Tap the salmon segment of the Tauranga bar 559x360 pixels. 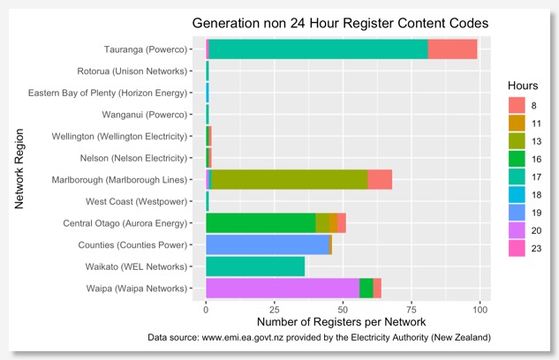tap(452, 50)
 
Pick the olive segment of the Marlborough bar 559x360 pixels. tap(290, 181)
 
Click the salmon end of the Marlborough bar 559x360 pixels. tap(380, 181)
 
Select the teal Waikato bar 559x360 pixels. tap(255, 266)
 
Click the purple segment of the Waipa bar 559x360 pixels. tap(283, 289)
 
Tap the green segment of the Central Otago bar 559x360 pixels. tap(261, 223)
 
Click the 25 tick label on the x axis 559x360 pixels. tap(275, 310)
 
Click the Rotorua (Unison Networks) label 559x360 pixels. tap(131, 72)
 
